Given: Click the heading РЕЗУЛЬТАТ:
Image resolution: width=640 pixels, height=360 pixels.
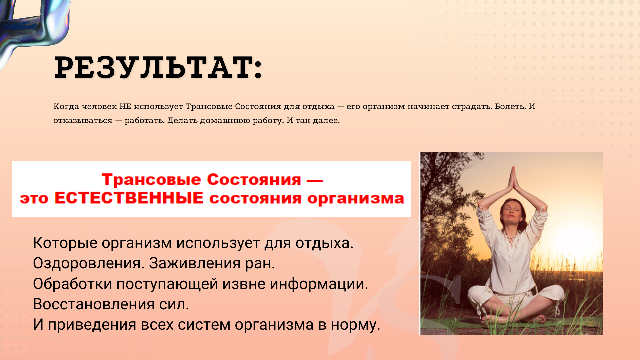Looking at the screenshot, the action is pyautogui.click(x=158, y=67).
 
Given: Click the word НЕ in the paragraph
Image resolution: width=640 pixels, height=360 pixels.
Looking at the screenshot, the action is pyautogui.click(x=125, y=106).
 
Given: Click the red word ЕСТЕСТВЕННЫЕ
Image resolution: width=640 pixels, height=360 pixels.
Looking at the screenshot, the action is pyautogui.click(x=129, y=198).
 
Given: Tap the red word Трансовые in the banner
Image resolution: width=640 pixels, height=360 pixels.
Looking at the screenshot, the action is pyautogui.click(x=151, y=180).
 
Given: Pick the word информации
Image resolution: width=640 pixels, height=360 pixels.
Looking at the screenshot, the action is pyautogui.click(x=319, y=284).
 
